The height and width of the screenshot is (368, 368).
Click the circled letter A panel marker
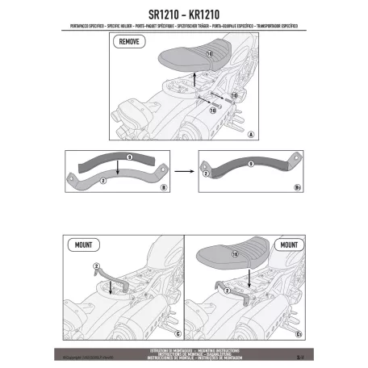(x=252, y=133)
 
